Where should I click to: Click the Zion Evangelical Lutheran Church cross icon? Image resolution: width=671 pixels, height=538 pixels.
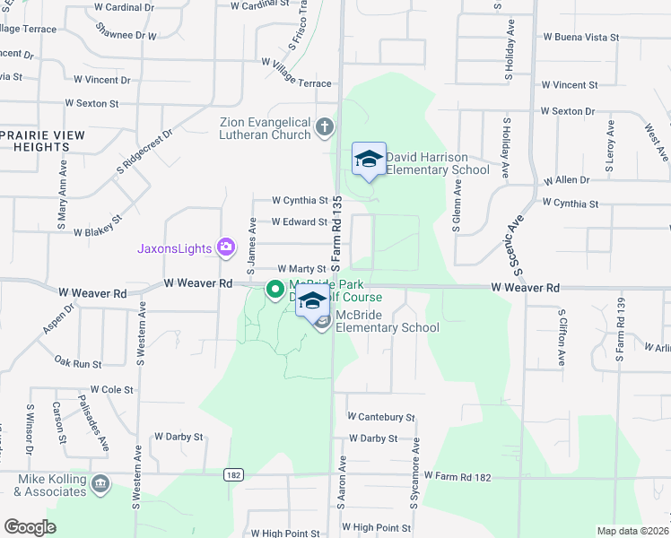324,127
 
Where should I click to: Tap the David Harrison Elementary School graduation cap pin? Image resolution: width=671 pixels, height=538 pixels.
369,159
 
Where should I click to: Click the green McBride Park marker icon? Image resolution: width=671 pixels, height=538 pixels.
276,289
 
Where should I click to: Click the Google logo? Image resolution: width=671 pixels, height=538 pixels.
30,526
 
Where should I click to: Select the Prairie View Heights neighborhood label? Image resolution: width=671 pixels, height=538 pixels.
42,141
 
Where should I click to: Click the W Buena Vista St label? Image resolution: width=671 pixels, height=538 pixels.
580,38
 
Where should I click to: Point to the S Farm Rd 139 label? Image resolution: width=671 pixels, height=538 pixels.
618,333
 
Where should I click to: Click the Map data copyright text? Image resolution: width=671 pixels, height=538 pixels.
632,531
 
